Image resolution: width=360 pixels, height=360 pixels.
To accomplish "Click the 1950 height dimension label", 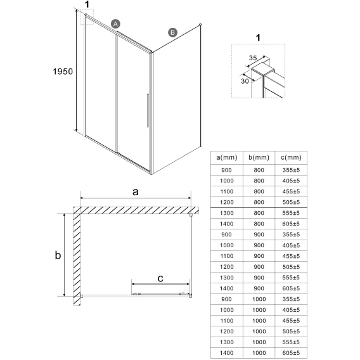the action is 63,72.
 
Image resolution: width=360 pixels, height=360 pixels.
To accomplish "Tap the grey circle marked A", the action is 115,24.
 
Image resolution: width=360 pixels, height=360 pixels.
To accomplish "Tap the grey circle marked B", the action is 172,32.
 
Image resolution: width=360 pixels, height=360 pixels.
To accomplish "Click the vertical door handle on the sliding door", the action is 148,110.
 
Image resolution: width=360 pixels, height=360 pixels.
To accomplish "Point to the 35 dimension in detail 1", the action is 253,58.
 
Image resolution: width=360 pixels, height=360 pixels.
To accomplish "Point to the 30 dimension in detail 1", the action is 245,81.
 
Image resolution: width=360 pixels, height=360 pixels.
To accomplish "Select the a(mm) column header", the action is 227,157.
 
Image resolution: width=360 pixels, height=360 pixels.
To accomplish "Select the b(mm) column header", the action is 259,157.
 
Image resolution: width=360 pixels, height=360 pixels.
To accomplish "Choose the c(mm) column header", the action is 291,157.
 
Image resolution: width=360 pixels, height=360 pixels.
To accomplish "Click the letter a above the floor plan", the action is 136,192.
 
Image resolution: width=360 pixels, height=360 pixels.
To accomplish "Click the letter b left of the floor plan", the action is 58,255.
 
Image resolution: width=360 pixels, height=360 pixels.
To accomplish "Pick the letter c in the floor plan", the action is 160,278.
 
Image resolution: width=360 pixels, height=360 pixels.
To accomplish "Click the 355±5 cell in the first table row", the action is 291,170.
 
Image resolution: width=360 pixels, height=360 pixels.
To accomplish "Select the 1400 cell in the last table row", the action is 227,353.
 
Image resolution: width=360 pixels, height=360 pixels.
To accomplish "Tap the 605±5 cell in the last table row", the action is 291,353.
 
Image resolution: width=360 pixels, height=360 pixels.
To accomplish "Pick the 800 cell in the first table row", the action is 259,170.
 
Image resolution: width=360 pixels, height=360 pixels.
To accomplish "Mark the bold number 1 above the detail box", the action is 259,38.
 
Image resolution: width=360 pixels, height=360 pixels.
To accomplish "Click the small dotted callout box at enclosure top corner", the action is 87,16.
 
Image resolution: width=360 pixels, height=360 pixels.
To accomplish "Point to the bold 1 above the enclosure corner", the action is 87,4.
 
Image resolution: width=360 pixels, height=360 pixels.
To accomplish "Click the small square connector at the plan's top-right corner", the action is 191,215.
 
